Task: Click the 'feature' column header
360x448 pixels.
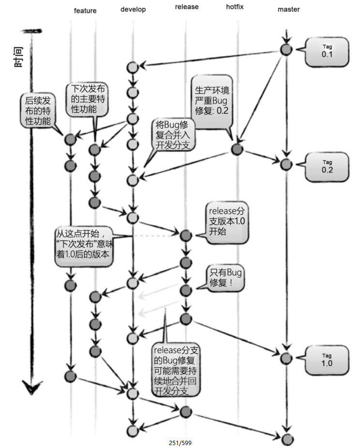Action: click(x=85, y=10)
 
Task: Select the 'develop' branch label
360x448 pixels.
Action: click(x=133, y=9)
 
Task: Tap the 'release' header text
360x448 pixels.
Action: click(x=186, y=7)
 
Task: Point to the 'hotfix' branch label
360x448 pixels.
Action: click(x=235, y=7)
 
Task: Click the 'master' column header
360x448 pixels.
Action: click(x=289, y=9)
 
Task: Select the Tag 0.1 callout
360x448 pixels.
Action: click(x=327, y=51)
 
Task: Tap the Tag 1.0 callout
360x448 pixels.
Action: click(x=327, y=359)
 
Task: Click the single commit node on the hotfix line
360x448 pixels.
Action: click(x=237, y=149)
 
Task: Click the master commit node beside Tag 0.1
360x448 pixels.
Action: click(x=286, y=49)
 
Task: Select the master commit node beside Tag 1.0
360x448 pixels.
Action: click(x=286, y=358)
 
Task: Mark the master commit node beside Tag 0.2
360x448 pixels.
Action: click(x=286, y=164)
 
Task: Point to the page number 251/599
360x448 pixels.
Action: click(x=180, y=443)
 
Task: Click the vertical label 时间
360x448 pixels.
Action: click(x=19, y=58)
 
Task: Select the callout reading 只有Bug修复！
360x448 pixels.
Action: click(x=225, y=279)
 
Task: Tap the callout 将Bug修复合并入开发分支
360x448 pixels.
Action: click(x=172, y=135)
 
